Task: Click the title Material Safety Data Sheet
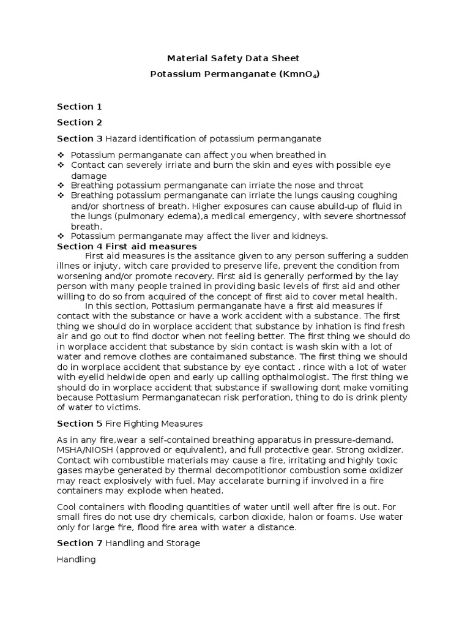pos(234,59)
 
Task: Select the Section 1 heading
pos(80,107)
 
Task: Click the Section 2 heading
pos(80,122)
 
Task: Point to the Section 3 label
pos(80,138)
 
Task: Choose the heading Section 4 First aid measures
pos(127,246)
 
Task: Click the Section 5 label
pos(80,423)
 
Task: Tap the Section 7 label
pos(80,543)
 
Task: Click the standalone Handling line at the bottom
pos(76,559)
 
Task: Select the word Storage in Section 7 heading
pos(182,543)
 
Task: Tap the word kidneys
pos(308,236)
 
